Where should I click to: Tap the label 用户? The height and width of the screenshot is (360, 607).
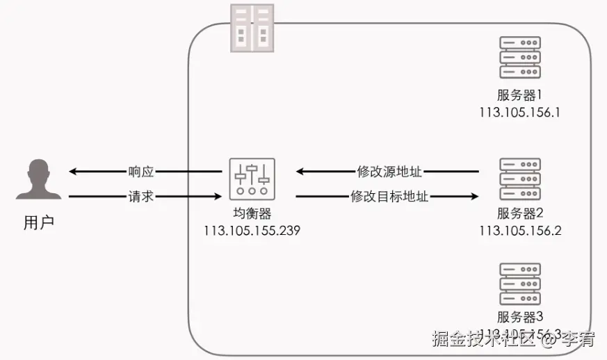(38, 222)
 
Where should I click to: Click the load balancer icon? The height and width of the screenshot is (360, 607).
(252, 177)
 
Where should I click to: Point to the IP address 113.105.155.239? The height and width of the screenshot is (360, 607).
(252, 231)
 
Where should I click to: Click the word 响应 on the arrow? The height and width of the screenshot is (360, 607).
(141, 171)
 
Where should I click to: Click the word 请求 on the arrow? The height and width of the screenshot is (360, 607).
(141, 197)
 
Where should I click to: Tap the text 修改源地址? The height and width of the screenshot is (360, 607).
(389, 171)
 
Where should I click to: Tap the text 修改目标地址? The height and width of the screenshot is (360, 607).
(389, 197)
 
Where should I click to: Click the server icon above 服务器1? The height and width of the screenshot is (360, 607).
(520, 58)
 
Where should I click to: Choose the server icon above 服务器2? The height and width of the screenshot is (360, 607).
(520, 179)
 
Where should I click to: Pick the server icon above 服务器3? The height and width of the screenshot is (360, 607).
(520, 283)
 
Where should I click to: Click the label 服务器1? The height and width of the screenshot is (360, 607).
(519, 95)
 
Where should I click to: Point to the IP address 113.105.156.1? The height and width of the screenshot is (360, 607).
(519, 111)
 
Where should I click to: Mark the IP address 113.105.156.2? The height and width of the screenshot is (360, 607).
(519, 230)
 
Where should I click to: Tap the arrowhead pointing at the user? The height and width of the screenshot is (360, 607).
(72, 171)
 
